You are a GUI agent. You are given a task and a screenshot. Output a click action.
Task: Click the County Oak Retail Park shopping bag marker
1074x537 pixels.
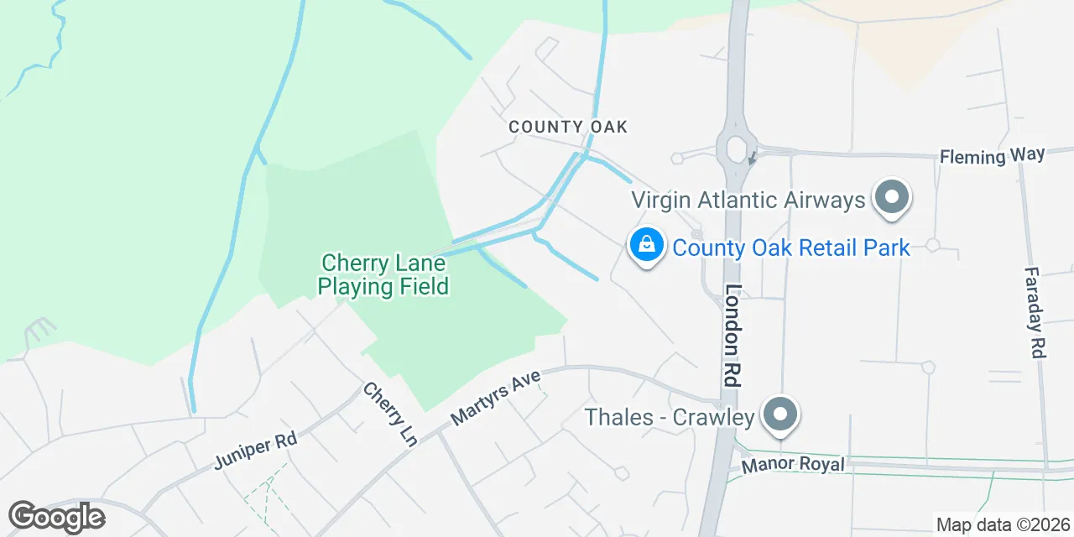tap(646, 245)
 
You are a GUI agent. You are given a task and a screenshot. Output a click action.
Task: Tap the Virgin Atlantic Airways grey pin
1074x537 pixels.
tap(892, 199)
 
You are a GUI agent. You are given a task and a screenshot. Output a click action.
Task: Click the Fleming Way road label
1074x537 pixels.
tap(992, 156)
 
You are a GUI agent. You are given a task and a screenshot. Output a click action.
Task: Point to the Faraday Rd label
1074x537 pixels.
tap(1036, 312)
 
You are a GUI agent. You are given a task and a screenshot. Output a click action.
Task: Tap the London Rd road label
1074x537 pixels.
tap(733, 335)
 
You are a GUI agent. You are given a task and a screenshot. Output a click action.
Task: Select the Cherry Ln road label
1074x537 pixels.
tap(389, 414)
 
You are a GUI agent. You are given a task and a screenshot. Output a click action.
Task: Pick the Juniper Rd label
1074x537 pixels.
tap(255, 451)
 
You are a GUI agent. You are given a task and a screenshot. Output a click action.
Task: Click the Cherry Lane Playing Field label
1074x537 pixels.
tap(383, 275)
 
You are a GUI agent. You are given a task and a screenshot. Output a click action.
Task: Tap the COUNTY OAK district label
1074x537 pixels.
tap(568, 128)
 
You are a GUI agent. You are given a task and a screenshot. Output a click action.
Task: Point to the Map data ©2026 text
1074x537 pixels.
tap(1003, 525)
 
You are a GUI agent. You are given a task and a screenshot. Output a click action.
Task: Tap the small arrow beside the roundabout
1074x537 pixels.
tap(753, 156)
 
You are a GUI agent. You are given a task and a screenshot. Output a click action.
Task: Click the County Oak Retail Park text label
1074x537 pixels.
tap(791, 248)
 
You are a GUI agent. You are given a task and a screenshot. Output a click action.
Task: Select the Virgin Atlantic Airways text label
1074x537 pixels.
tap(748, 201)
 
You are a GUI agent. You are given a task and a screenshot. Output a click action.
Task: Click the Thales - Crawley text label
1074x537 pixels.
tap(670, 416)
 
